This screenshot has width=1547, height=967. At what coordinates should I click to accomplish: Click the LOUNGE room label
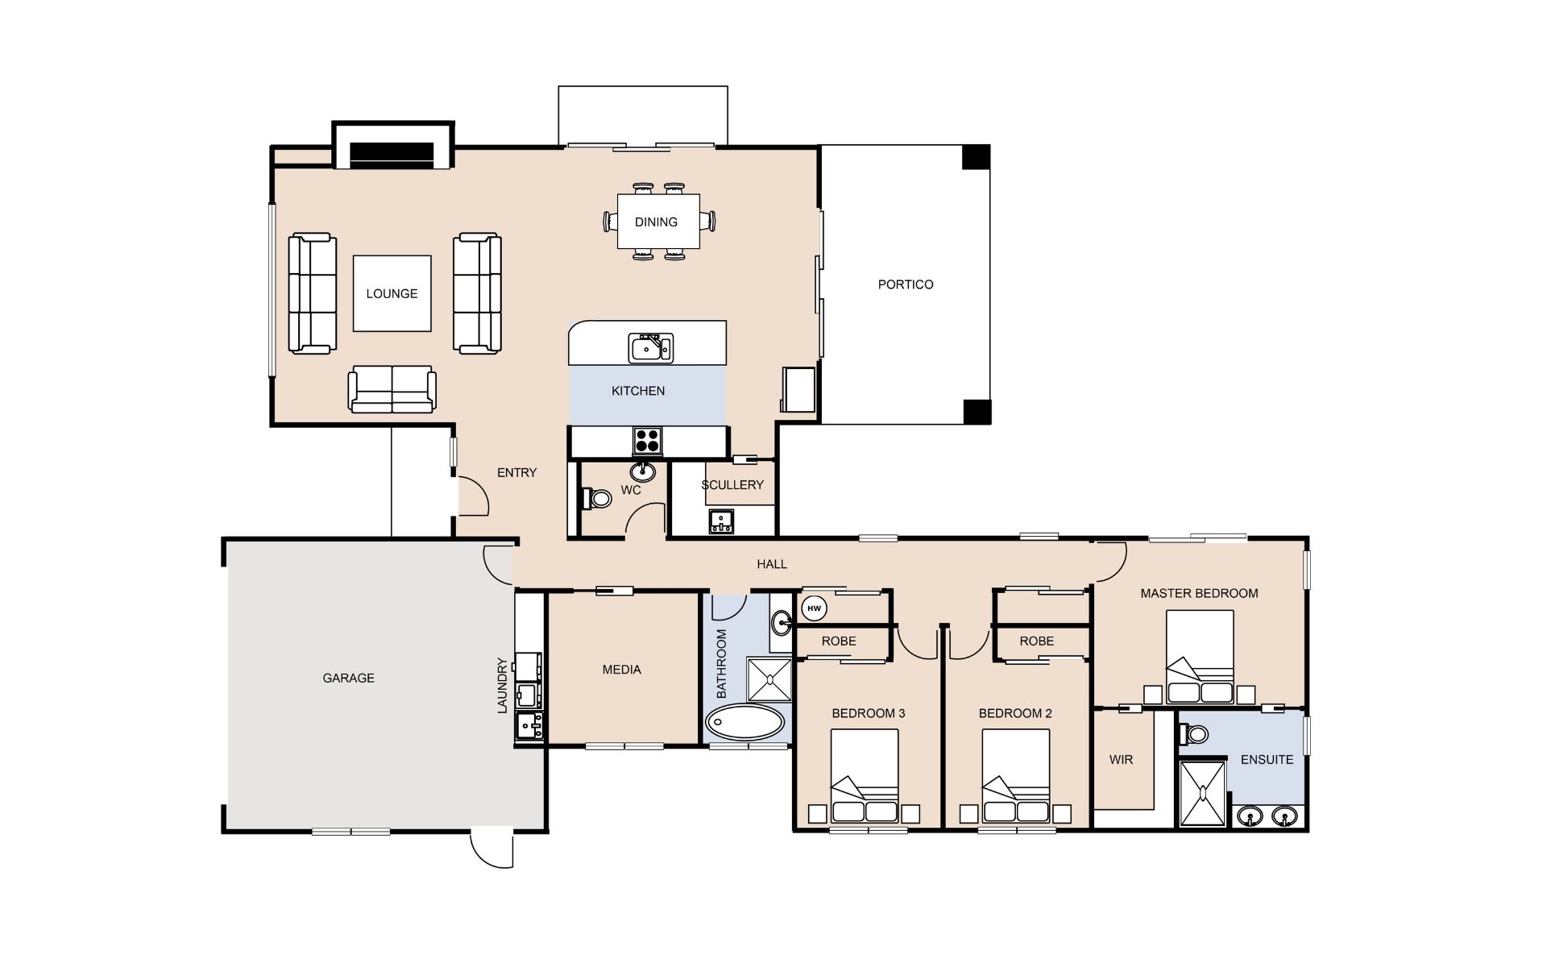[392, 294]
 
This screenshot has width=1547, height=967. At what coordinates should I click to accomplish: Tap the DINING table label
[656, 222]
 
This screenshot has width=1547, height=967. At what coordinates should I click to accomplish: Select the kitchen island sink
[651, 347]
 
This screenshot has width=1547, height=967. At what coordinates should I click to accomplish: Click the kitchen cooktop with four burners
[648, 441]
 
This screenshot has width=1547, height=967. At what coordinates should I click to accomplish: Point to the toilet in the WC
[595, 498]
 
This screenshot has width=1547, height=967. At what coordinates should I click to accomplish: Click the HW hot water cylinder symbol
[815, 608]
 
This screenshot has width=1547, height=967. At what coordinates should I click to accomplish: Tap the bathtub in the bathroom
[745, 723]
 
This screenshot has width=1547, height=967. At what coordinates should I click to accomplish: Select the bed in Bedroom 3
[865, 777]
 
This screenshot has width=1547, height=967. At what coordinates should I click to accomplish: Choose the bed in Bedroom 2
[1016, 777]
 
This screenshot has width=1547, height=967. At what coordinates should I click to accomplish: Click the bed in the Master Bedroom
[1200, 658]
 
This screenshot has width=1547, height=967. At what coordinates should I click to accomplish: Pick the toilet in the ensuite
[1192, 734]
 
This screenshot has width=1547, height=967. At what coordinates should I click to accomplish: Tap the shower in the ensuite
[1202, 794]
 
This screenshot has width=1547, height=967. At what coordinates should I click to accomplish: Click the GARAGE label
[348, 679]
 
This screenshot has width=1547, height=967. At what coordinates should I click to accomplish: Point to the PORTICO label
[906, 284]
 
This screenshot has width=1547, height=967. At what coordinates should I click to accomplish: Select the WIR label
[1121, 760]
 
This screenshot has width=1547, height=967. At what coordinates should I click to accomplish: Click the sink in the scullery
[721, 522]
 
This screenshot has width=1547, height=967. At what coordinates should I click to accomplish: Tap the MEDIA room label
[622, 670]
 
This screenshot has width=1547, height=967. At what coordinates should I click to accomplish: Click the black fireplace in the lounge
[392, 152]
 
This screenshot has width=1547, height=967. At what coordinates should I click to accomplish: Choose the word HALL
[772, 565]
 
